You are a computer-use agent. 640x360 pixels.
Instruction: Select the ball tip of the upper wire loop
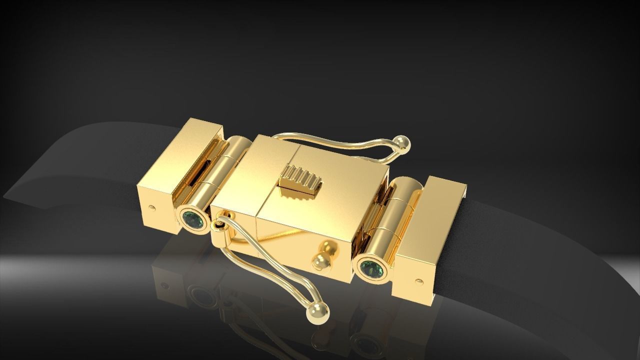point(403,143)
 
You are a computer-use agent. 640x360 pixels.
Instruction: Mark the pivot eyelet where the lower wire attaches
point(217,226)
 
